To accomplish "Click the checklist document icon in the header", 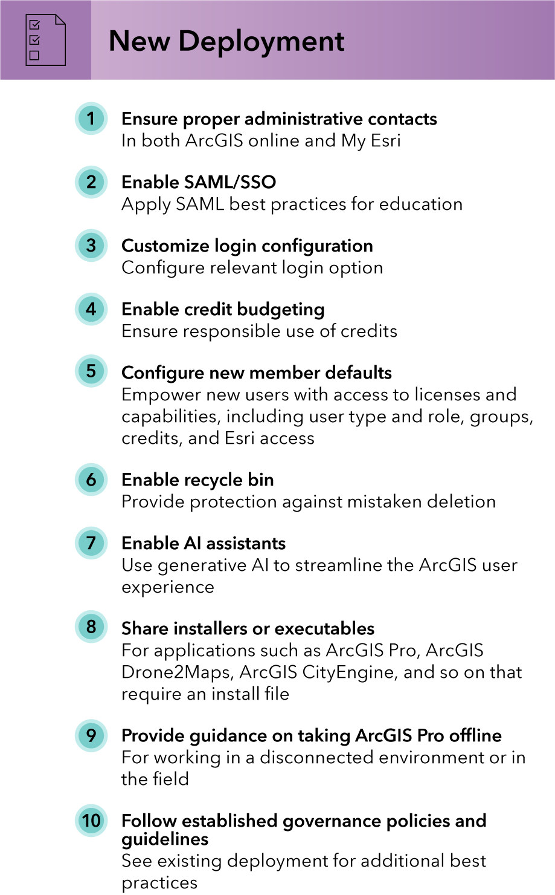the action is (45, 40).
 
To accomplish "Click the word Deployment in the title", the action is (261, 42).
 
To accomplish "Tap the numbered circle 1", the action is (91, 119).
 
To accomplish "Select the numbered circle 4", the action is (91, 309).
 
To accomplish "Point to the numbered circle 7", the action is (91, 543).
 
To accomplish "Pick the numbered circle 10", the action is (91, 821).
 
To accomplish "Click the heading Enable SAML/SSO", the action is (199, 182).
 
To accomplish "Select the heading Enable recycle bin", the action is (197, 480).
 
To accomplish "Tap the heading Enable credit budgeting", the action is (223, 310).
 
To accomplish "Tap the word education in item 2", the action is (420, 204).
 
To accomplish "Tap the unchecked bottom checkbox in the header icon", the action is (34, 55).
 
